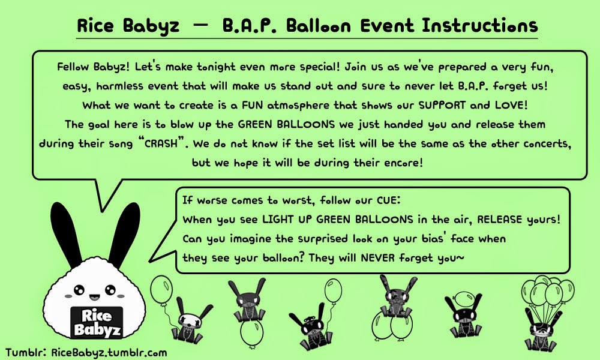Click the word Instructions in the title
click(480, 26)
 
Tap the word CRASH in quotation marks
click(161, 143)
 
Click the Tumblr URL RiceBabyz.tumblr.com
click(109, 352)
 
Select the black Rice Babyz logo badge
click(97, 322)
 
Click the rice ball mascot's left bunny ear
click(66, 234)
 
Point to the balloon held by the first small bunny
click(161, 290)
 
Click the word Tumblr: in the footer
click(26, 352)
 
